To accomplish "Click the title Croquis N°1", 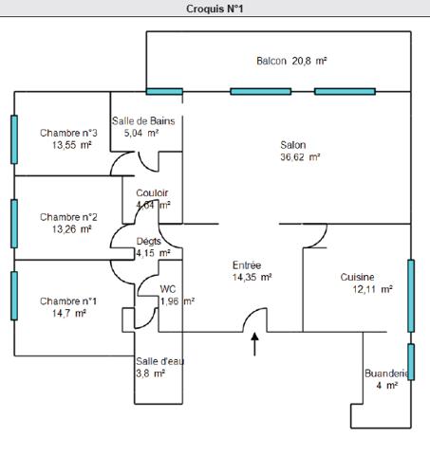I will click(215, 9).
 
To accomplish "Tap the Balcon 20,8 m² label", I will click(291, 61).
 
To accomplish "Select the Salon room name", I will click(292, 145).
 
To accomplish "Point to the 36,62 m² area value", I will click(299, 158).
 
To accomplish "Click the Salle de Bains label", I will click(143, 120).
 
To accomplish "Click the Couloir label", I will click(152, 192).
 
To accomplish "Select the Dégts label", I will click(149, 242).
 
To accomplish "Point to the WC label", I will click(168, 289).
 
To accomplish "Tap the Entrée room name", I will click(247, 265).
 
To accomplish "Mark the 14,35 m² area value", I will click(252, 278).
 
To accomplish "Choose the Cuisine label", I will click(358, 277).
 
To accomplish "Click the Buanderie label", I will click(386, 373).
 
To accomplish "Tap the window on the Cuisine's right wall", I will click(410, 295).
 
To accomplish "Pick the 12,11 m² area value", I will click(372, 290).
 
